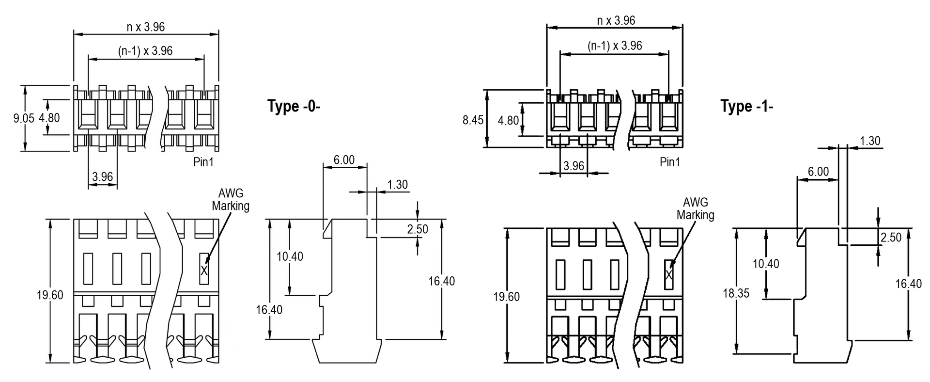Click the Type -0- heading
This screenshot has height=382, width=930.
tap(294, 106)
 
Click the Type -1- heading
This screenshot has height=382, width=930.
tap(746, 106)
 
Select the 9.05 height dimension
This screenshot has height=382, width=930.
tap(24, 118)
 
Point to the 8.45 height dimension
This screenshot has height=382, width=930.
tap(473, 120)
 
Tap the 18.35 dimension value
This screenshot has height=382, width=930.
tap(736, 293)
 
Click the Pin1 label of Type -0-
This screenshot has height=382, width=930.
tap(203, 162)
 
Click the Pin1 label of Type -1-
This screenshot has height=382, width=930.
tap(670, 162)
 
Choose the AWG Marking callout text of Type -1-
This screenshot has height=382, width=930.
tap(696, 208)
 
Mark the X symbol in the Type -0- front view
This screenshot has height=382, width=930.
tap(204, 271)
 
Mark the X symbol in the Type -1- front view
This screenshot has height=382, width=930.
tap(669, 275)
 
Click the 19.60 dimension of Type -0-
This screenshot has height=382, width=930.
tap(50, 295)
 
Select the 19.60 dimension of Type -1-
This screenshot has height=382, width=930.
tap(506, 297)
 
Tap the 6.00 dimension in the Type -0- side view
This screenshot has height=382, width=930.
tap(344, 160)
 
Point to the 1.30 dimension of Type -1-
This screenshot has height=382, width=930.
tap(870, 141)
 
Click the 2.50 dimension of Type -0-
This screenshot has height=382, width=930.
tap(418, 229)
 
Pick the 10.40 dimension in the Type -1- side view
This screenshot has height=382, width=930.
tap(766, 264)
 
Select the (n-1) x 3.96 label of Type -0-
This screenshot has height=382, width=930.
tap(145, 50)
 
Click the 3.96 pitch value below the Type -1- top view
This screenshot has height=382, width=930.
tap(573, 166)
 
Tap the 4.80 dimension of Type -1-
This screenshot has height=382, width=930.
tap(509, 120)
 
